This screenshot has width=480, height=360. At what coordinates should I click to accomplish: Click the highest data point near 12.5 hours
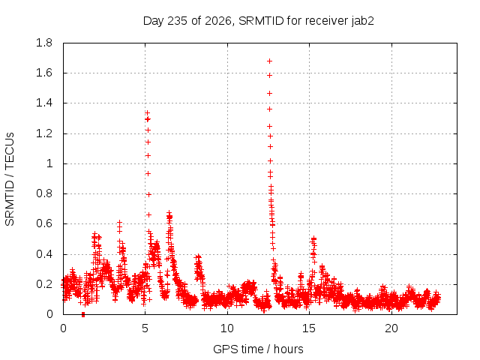(269, 61)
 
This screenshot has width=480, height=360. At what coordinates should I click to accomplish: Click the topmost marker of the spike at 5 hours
(147, 113)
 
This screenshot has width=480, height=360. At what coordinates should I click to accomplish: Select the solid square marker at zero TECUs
(83, 314)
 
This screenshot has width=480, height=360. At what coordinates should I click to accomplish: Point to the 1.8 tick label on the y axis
(44, 43)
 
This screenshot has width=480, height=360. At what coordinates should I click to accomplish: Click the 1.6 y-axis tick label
(44, 73)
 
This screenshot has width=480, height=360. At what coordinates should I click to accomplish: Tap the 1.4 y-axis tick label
(44, 103)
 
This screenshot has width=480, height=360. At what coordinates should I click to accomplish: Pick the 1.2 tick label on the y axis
(44, 133)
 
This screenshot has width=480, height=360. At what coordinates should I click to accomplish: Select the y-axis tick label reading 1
(49, 163)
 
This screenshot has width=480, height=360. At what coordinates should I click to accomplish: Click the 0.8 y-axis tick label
(44, 193)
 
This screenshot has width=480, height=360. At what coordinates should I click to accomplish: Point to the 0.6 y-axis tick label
(44, 223)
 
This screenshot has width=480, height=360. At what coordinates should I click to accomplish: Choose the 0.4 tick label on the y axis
(44, 254)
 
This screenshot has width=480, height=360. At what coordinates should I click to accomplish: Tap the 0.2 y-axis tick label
(44, 284)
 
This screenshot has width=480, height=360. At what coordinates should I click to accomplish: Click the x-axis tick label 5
(145, 328)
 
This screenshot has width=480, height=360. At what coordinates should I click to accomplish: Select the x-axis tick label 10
(227, 328)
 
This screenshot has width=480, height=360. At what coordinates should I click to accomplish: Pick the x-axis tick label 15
(309, 328)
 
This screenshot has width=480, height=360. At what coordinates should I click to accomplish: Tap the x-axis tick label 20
(391, 328)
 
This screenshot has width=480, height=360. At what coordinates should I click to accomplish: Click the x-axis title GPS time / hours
(258, 349)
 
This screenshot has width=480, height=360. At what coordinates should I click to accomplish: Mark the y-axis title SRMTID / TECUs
(10, 179)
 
